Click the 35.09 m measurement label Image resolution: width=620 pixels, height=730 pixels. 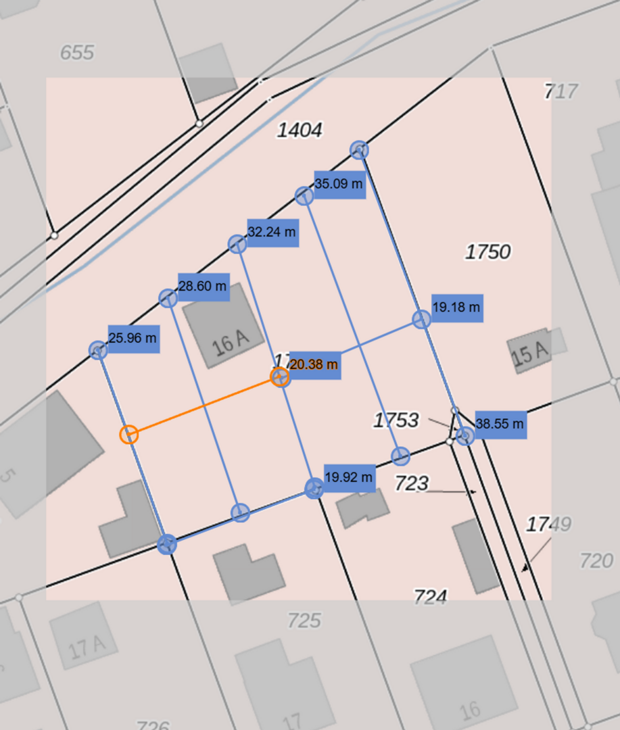(339, 185)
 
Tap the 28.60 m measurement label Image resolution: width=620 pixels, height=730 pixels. (203, 287)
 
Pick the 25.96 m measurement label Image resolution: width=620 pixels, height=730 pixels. (133, 338)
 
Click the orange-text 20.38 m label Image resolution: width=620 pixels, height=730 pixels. (314, 366)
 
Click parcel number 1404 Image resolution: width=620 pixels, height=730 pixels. (300, 130)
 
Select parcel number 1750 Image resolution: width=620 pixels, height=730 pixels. (487, 252)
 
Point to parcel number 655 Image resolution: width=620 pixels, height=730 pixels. (77, 53)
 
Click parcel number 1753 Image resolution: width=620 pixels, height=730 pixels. (396, 420)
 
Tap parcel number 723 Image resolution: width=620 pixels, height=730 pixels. (412, 483)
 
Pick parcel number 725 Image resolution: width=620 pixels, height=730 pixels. (304, 620)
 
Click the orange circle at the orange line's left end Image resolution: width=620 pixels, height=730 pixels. (129, 435)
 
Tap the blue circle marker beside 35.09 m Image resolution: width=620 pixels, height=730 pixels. (304, 196)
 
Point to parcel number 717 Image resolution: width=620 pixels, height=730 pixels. (561, 91)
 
